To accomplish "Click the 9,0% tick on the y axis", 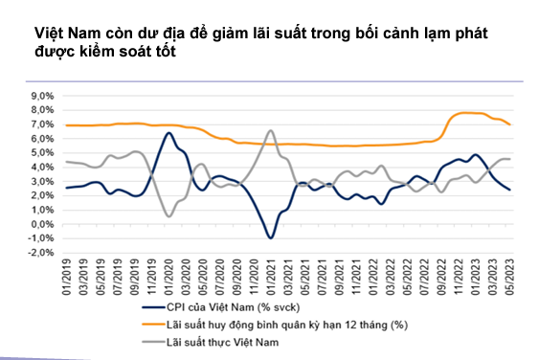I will pyautogui.click(x=42, y=97).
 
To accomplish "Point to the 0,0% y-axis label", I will pyautogui.click(x=42, y=224).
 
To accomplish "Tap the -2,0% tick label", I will pyautogui.click(x=41, y=253).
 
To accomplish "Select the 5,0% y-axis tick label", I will pyautogui.click(x=42, y=153).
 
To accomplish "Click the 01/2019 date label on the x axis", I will pyautogui.click(x=68, y=278).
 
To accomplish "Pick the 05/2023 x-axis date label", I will pyautogui.click(x=510, y=278).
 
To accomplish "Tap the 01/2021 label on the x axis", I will pyautogui.click(x=272, y=278).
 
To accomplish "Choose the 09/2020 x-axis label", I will pyautogui.click(x=237, y=278).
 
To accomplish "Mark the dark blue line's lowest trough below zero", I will pyautogui.click(x=272, y=237).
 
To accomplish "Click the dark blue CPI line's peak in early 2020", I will pyautogui.click(x=169, y=133).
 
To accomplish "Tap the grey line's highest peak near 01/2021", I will pyautogui.click(x=271, y=131).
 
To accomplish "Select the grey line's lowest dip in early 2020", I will pyautogui.click(x=169, y=216).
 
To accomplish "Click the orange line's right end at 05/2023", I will pyautogui.click(x=510, y=124).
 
